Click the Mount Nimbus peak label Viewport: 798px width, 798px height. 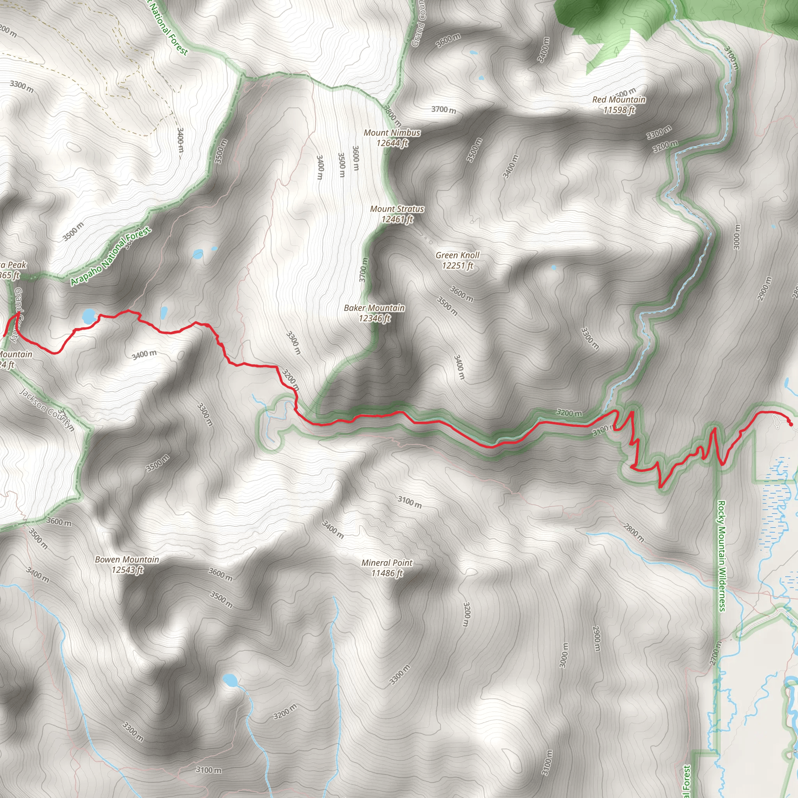pyautogui.click(x=392, y=133)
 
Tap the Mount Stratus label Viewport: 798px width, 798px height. pyautogui.click(x=397, y=209)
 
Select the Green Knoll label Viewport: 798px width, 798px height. pyautogui.click(x=457, y=255)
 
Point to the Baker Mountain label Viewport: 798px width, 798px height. pyautogui.click(x=374, y=308)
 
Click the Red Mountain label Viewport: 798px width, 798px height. pyautogui.click(x=618, y=99)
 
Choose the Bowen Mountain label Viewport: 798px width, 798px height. pyautogui.click(x=127, y=559)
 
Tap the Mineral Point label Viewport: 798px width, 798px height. pyautogui.click(x=387, y=563)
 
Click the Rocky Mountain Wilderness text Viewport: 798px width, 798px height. pyautogui.click(x=721, y=556)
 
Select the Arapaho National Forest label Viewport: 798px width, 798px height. pyautogui.click(x=110, y=256)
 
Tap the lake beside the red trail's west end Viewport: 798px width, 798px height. pyautogui.click(x=88, y=316)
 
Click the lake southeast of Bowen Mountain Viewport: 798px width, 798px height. pyautogui.click(x=230, y=680)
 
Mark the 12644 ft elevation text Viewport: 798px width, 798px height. pyautogui.click(x=392, y=143)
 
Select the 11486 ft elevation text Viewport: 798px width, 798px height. pyautogui.click(x=387, y=573)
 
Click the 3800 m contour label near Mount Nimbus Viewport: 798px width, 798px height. pyautogui.click(x=391, y=116)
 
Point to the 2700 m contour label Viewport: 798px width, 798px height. pyautogui.click(x=715, y=653)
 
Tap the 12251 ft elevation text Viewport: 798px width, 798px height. pyautogui.click(x=457, y=266)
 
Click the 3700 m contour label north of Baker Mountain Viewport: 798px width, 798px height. pyautogui.click(x=363, y=270)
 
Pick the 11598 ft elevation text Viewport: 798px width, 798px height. pyautogui.click(x=618, y=110)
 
